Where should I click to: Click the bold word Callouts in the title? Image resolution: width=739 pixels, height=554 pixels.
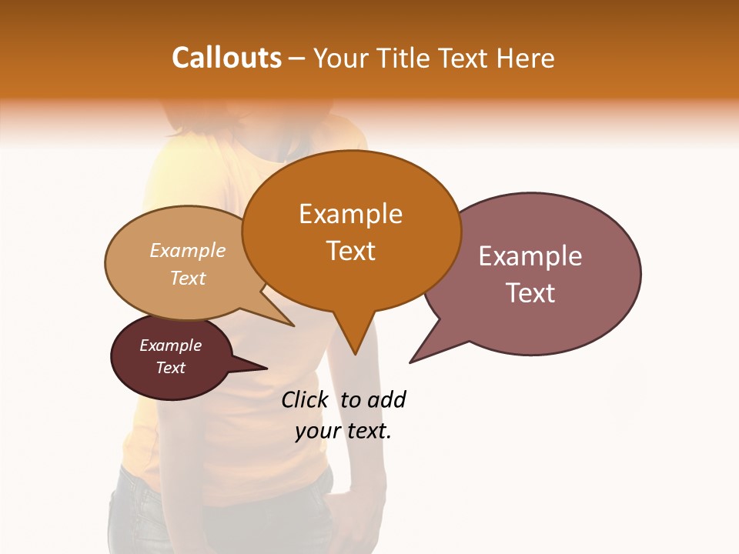tap(226, 58)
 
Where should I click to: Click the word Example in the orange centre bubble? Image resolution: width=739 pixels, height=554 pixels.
tap(350, 214)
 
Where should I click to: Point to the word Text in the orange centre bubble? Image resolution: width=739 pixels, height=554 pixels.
tap(350, 251)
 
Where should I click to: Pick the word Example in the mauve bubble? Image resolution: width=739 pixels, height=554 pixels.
tap(530, 256)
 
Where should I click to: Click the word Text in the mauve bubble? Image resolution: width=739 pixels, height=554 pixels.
tap(530, 293)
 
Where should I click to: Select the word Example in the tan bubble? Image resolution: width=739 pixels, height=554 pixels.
tap(188, 251)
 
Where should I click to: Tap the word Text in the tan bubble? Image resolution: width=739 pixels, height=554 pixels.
tap(188, 278)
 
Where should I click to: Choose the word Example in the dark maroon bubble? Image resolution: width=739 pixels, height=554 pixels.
tap(170, 345)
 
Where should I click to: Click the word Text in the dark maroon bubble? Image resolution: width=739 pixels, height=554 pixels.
tap(170, 368)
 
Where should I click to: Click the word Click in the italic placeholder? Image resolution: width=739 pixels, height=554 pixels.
tap(304, 399)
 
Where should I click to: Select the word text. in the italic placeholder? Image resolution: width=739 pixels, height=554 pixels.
tap(368, 431)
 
